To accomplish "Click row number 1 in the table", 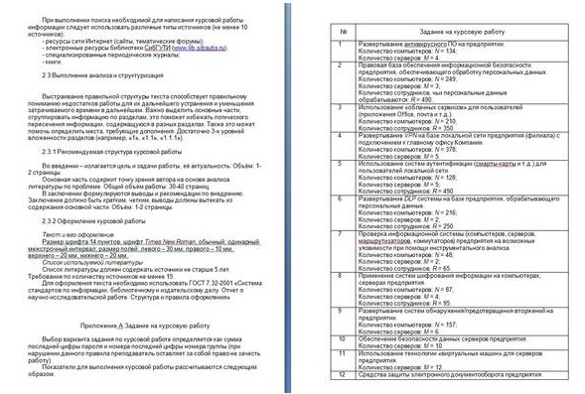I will [342, 46].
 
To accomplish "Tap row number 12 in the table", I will [342, 375].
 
